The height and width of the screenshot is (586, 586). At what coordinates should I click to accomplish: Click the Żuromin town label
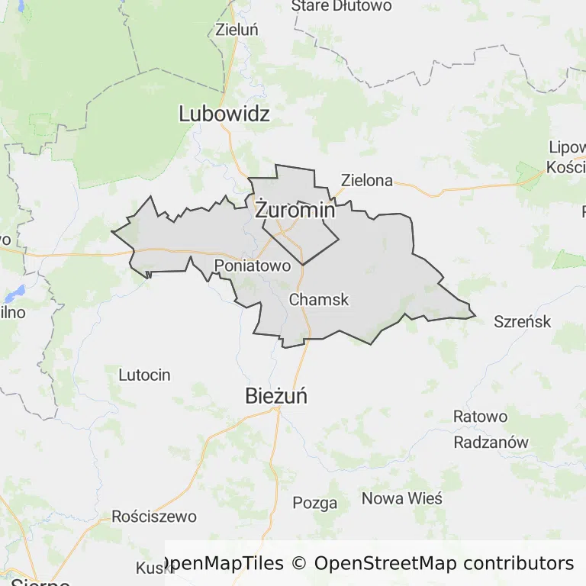pyautogui.click(x=295, y=210)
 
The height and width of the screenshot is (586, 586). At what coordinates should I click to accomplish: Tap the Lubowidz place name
pyautogui.click(x=224, y=114)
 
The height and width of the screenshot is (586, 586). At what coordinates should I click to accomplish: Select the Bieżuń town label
pyautogui.click(x=276, y=396)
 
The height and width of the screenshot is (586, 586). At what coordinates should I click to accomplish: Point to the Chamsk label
pyautogui.click(x=319, y=300)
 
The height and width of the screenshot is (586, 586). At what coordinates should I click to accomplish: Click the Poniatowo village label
pyautogui.click(x=253, y=266)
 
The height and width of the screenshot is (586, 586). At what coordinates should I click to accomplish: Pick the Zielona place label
pyautogui.click(x=367, y=181)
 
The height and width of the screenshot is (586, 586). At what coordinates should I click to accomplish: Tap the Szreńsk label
pyautogui.click(x=523, y=321)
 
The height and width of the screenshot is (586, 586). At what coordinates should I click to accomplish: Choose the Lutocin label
pyautogui.click(x=144, y=375)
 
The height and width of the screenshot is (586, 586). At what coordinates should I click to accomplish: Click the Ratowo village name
pyautogui.click(x=480, y=417)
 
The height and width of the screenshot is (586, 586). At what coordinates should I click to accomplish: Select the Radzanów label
pyautogui.click(x=491, y=443)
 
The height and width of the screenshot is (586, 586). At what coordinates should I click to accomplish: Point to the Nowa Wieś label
pyautogui.click(x=401, y=498)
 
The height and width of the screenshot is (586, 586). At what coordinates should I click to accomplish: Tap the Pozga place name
pyautogui.click(x=315, y=503)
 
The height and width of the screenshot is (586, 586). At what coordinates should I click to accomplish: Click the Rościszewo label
pyautogui.click(x=154, y=517)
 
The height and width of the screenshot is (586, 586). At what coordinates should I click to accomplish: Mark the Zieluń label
pyautogui.click(x=237, y=31)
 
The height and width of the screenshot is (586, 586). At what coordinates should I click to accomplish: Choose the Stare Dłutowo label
pyautogui.click(x=341, y=7)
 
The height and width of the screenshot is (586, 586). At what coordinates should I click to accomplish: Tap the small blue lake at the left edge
pyautogui.click(x=14, y=294)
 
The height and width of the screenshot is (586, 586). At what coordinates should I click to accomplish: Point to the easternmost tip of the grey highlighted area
pyautogui.click(x=475, y=313)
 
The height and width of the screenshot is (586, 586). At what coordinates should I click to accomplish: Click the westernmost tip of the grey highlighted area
pyautogui.click(x=112, y=231)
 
